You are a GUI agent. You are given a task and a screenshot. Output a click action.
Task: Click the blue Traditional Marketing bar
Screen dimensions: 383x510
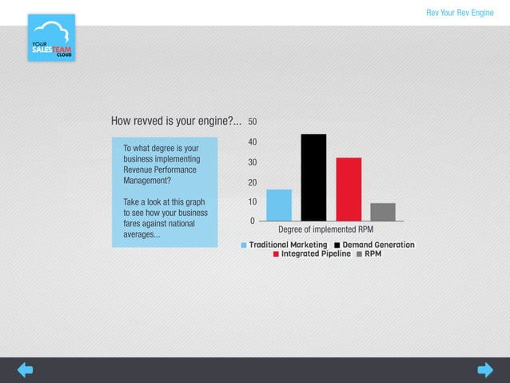point(279,205)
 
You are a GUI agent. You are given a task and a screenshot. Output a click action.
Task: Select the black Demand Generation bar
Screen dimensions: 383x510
point(313,178)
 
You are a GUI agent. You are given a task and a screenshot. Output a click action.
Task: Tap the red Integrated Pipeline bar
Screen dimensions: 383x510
point(349,189)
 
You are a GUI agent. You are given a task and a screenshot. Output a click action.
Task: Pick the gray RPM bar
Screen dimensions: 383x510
point(383,211)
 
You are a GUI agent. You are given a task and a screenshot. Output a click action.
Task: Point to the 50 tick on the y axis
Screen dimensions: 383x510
point(253,122)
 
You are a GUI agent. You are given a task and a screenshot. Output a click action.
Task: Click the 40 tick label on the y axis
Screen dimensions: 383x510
point(253,142)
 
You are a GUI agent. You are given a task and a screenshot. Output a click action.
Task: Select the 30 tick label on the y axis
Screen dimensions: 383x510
point(253,162)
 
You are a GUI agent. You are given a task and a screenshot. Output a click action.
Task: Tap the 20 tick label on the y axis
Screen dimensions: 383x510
point(253,182)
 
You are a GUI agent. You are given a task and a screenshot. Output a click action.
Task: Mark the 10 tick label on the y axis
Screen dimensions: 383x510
point(253,202)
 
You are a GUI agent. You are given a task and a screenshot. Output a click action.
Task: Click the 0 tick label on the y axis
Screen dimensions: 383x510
point(253,221)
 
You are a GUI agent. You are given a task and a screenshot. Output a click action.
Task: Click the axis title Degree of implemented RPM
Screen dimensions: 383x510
point(325,230)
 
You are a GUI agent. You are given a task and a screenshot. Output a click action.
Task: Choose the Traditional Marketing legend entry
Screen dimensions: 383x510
point(285,245)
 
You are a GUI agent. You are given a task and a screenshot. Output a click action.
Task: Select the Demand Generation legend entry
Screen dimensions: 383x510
point(374,245)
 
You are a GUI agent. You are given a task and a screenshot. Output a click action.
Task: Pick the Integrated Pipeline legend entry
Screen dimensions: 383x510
point(312,254)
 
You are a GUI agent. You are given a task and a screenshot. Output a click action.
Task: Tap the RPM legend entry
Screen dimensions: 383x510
point(369,254)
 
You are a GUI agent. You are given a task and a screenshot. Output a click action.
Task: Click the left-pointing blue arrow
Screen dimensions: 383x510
point(25,369)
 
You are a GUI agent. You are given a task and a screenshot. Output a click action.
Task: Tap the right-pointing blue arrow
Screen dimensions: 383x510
point(485,369)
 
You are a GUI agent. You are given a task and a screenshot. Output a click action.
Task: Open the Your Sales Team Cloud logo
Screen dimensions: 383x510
point(51,38)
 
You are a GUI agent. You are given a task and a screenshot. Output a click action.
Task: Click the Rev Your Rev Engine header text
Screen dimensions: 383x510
point(460,13)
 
